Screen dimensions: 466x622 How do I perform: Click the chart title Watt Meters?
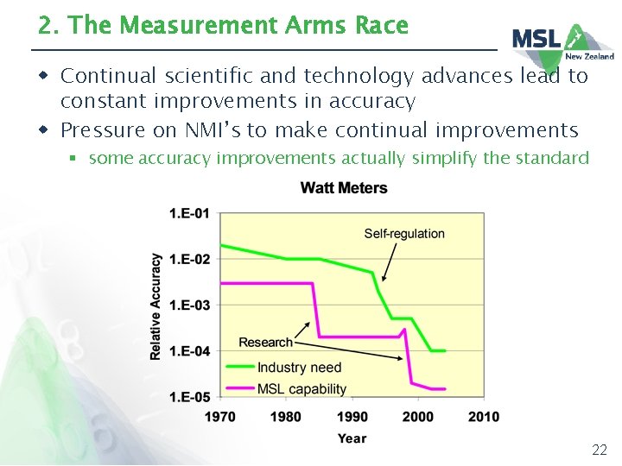pyautogui.click(x=344, y=188)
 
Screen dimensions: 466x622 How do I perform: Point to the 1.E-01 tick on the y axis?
pyautogui.click(x=189, y=213)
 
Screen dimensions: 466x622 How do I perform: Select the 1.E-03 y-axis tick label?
pyautogui.click(x=189, y=305)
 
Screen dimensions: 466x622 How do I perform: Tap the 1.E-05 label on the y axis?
pyautogui.click(x=189, y=397)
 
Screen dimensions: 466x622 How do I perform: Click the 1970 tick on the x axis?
pyautogui.click(x=220, y=417)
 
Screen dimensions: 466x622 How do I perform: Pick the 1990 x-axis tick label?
pyautogui.click(x=352, y=417)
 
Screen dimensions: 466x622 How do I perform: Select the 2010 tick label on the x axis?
pyautogui.click(x=484, y=417)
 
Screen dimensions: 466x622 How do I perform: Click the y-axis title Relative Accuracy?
pyautogui.click(x=156, y=305)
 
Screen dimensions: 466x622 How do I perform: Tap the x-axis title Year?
pyautogui.click(x=352, y=438)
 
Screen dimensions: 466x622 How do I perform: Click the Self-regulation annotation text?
pyautogui.click(x=404, y=234)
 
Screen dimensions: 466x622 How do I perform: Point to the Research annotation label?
pyautogui.click(x=265, y=343)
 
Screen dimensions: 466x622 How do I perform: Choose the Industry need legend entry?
pyautogui.click(x=299, y=368)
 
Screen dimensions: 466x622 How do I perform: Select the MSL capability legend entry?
pyautogui.click(x=301, y=389)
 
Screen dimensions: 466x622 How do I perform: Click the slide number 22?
pyautogui.click(x=599, y=450)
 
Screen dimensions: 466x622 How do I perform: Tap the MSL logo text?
pyautogui.click(x=536, y=39)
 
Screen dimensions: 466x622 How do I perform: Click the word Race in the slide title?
pyautogui.click(x=381, y=26)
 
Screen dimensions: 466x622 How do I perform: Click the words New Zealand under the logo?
pyautogui.click(x=590, y=57)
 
